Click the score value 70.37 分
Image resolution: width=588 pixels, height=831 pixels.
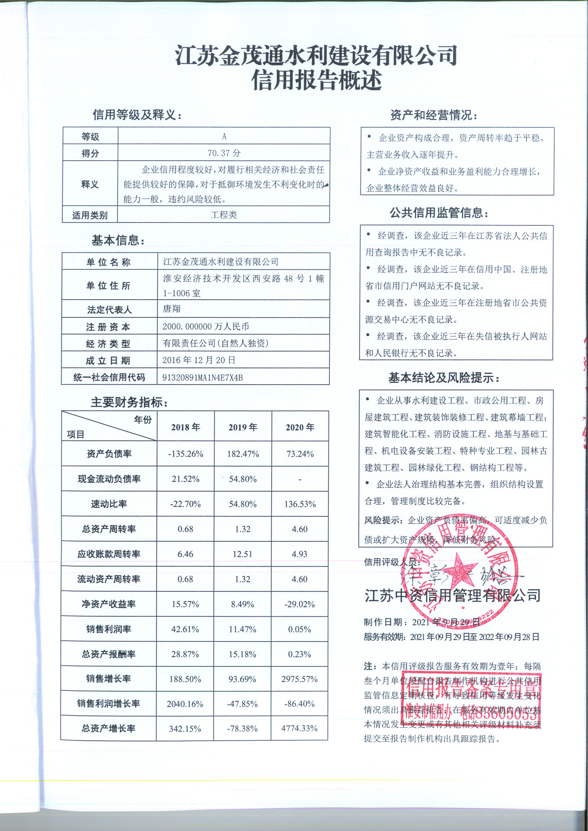pos(224,153)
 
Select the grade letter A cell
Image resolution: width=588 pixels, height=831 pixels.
pos(224,136)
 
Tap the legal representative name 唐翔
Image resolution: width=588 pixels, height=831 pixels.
pos(171,309)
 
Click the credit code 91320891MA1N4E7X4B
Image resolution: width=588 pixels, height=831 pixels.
pos(202,377)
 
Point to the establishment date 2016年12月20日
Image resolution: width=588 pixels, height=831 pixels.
pos(198,360)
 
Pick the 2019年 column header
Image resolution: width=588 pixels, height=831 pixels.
pos(243,427)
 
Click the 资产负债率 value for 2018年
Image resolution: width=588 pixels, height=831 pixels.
pos(185,454)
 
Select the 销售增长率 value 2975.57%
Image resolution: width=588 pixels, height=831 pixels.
pos(299,679)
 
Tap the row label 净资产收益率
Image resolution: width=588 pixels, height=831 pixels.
pos(109,604)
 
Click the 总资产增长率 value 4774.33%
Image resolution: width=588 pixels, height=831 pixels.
pos(299,728)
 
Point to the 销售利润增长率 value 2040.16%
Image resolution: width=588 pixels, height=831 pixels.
pos(185,704)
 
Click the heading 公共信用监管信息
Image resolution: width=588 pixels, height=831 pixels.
pos(439,213)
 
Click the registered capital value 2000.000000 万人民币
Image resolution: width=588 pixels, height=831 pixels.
pos(205,326)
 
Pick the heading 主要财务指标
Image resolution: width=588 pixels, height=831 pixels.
pos(129,402)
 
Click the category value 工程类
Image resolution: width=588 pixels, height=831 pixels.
pos(223,215)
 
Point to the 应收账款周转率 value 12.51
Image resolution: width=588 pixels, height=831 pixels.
pos(242,554)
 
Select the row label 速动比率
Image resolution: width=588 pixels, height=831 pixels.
pos(109,504)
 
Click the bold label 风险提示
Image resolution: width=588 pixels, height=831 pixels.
pos(383,520)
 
